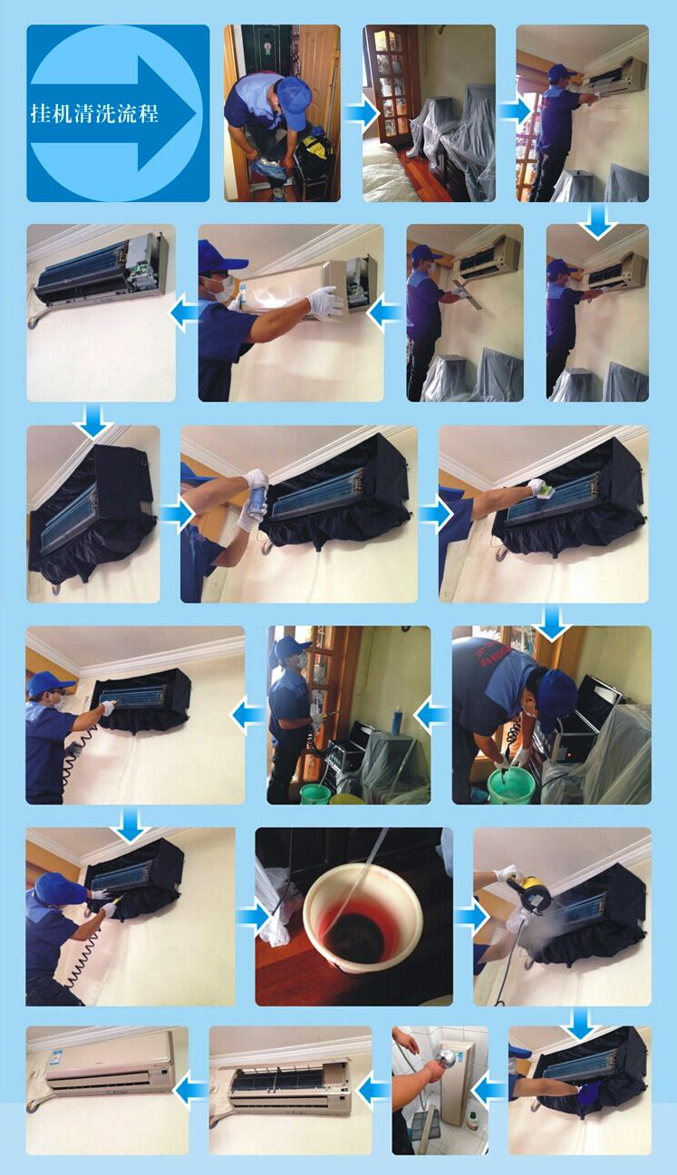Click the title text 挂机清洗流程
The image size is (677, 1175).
click(94, 113)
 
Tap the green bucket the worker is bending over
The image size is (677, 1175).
click(511, 785)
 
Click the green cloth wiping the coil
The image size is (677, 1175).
click(546, 489)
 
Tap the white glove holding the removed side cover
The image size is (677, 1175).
click(324, 303)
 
